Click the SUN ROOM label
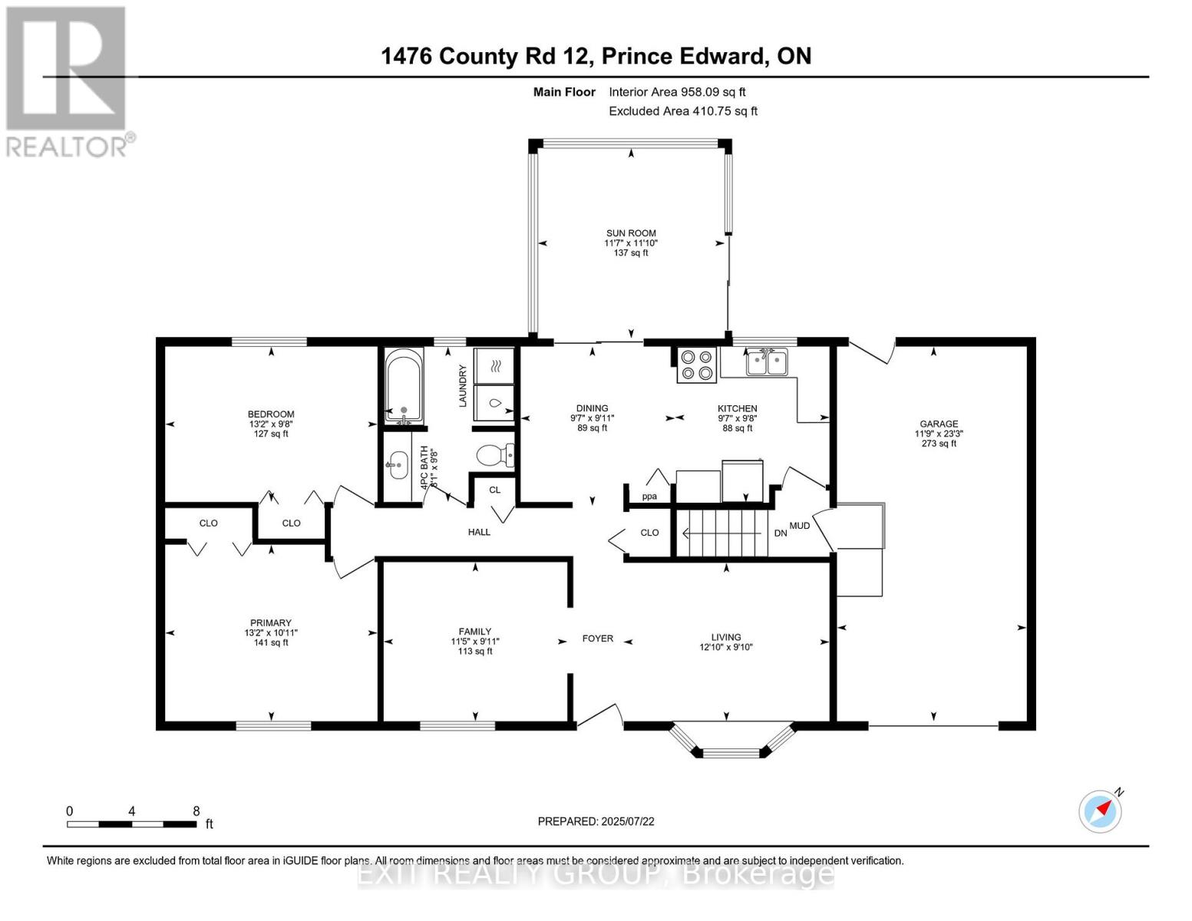[631, 233]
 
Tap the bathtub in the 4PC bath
[403, 385]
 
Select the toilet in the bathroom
[494, 456]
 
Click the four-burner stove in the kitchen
[697, 365]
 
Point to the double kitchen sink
[766, 362]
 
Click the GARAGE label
[939, 424]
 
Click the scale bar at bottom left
[131, 824]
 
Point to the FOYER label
[597, 638]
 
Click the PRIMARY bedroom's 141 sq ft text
[271, 642]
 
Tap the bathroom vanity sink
[397, 464]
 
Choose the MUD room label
[800, 526]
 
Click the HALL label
[479, 532]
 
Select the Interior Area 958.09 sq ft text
[677, 92]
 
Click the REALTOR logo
[68, 81]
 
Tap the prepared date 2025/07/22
[596, 821]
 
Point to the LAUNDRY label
[463, 385]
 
